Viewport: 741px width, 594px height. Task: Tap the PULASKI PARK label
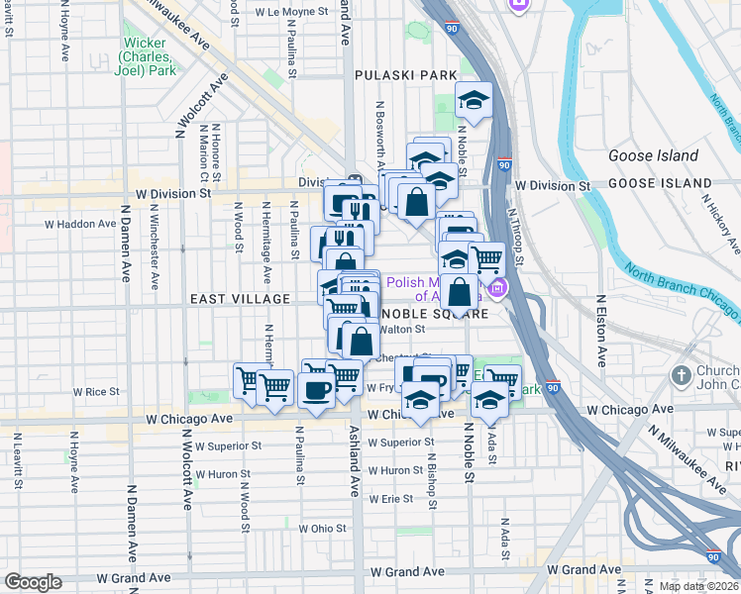click(x=406, y=75)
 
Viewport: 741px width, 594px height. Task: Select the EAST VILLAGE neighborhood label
click(x=240, y=299)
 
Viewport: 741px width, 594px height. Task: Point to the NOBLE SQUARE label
click(x=432, y=314)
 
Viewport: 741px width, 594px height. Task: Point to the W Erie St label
click(x=389, y=498)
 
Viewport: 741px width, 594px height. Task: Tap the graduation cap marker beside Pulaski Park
click(x=474, y=99)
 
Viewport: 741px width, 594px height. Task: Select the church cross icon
click(x=680, y=375)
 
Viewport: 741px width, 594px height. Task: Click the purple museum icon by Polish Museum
click(x=496, y=289)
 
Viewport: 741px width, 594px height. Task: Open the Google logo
click(x=33, y=582)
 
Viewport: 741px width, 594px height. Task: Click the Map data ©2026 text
click(x=698, y=586)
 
